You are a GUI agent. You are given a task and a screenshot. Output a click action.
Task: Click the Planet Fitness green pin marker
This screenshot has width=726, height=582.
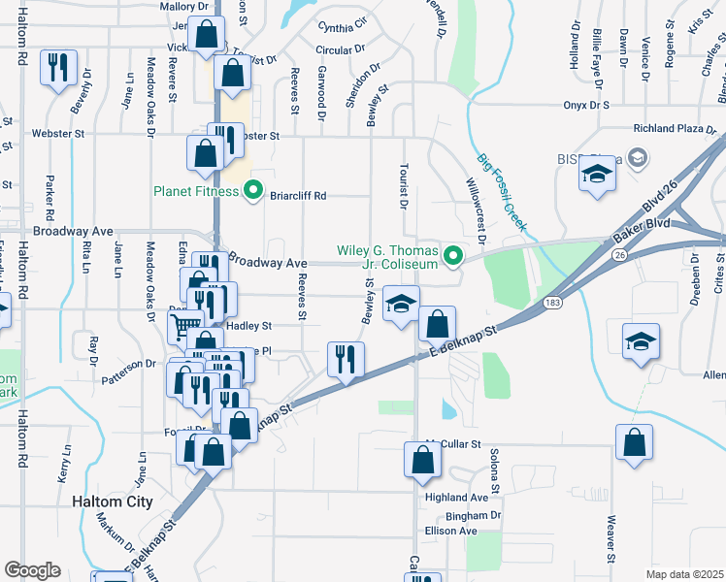253,190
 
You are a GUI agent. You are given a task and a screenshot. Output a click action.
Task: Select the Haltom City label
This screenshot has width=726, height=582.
113,501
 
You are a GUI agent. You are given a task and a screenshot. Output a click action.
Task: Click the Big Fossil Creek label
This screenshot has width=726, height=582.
502,192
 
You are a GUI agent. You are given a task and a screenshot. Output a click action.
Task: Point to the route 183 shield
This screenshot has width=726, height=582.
551,303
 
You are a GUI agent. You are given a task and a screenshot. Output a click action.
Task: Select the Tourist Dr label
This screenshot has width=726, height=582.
401,183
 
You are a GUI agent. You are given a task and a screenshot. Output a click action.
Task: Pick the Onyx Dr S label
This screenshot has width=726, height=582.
585,105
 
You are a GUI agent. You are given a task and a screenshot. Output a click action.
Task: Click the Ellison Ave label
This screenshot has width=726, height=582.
450,532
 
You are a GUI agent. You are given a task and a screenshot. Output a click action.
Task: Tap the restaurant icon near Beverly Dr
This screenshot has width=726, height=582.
58,68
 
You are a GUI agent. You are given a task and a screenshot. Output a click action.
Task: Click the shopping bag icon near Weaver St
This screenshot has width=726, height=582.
634,443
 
